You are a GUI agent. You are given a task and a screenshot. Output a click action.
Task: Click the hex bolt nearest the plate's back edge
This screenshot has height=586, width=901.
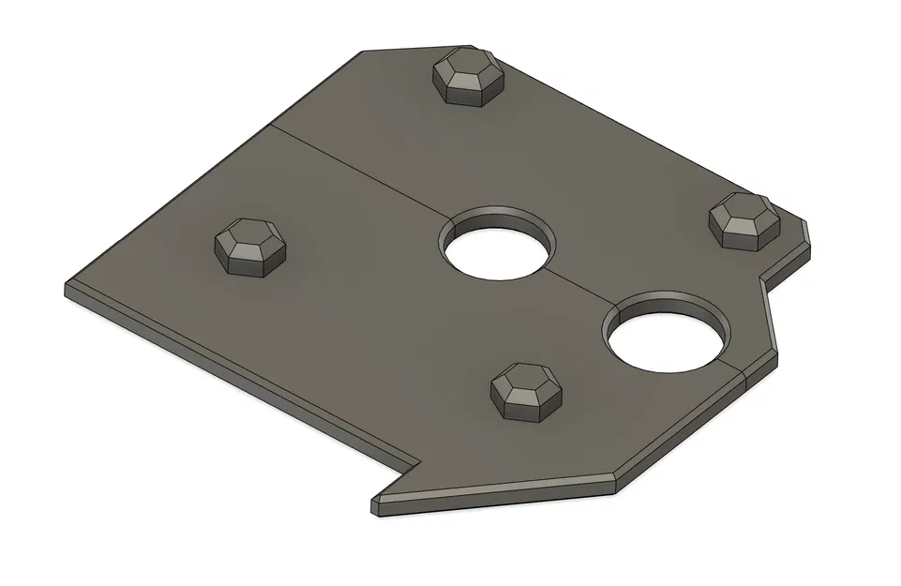tap(466, 78)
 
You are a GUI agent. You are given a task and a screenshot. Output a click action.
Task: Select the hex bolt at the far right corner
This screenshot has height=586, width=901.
tap(743, 220)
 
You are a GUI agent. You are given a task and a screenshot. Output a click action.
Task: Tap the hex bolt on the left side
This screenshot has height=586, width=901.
tap(249, 248)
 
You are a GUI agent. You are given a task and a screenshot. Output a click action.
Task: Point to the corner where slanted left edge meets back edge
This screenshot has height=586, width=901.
tap(361, 53)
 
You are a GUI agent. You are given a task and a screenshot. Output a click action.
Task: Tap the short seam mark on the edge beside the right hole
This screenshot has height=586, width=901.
tap(743, 376)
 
